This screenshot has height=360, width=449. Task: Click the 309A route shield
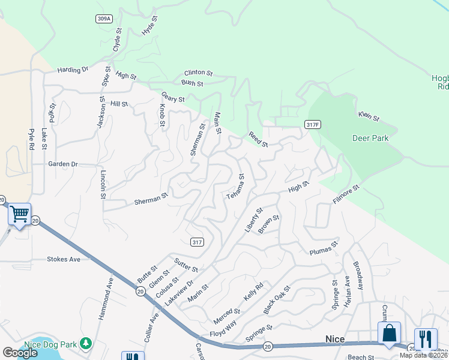(x=104, y=19)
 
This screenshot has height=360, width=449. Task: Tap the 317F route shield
(x=310, y=124)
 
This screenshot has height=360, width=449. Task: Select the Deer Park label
(x=370, y=138)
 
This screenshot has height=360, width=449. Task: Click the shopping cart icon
(x=19, y=213)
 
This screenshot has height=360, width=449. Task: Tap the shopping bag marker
(x=389, y=332)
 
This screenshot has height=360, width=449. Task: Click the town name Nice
(x=335, y=340)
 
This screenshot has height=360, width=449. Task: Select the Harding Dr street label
(x=73, y=70)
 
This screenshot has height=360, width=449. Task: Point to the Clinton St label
(x=199, y=73)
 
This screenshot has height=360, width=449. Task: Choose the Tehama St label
(x=235, y=187)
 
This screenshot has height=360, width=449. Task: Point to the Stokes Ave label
(x=63, y=259)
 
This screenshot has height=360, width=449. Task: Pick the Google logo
(x=20, y=353)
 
